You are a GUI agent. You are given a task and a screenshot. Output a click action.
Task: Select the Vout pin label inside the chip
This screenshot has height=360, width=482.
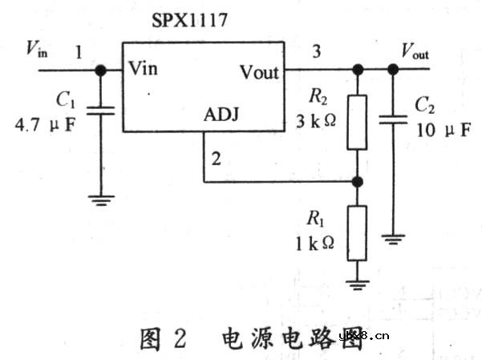pyautogui.click(x=259, y=72)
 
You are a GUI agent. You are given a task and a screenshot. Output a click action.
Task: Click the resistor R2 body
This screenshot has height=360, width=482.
pyautogui.click(x=357, y=122)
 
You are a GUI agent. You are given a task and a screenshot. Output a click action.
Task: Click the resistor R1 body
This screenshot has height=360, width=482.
pyautogui.click(x=357, y=233)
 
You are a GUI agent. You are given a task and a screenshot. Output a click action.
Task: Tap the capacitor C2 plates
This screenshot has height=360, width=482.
pyautogui.click(x=392, y=121)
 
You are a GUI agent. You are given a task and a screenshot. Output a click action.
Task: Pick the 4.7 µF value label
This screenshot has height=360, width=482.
pyautogui.click(x=44, y=125)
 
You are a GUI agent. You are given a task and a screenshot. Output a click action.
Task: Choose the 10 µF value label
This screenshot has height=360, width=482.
pyautogui.click(x=444, y=129)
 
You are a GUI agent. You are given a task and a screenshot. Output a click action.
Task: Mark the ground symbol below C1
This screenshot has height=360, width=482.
pyautogui.click(x=102, y=200)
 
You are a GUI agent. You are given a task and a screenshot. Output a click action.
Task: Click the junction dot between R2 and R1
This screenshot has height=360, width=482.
pyautogui.click(x=357, y=182)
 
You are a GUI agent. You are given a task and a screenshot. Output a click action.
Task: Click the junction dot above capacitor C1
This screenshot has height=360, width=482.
pyautogui.click(x=102, y=69)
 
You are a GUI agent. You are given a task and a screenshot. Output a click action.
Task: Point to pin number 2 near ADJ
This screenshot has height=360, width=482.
pyautogui.click(x=214, y=157)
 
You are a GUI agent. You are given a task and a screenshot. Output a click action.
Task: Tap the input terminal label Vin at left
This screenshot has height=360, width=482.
pyautogui.click(x=37, y=51)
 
